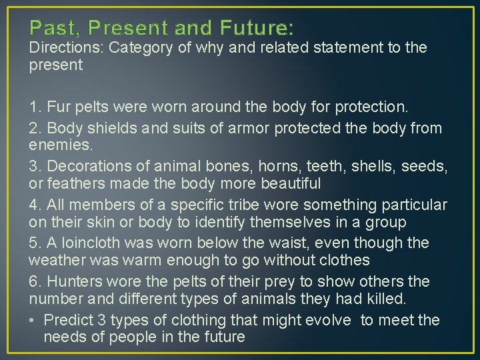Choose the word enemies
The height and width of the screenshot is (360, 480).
point(60,145)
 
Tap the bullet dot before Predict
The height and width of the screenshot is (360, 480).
point(33,321)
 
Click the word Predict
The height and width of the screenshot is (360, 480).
point(68,320)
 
